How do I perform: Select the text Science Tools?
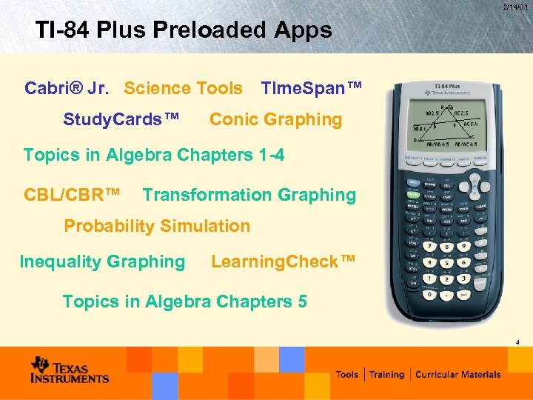click(183, 88)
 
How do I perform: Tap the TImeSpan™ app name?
click(312, 88)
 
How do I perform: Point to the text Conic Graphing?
click(275, 119)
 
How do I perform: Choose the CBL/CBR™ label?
click(72, 196)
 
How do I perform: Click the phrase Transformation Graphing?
click(249, 196)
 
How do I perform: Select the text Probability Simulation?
click(157, 226)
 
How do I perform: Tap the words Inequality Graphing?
click(102, 261)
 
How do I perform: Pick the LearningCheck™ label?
click(284, 261)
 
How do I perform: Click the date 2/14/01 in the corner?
click(515, 7)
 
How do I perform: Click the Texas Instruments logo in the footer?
click(70, 370)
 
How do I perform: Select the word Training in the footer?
click(387, 375)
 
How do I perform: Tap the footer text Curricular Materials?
click(457, 375)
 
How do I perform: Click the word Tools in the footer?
click(347, 375)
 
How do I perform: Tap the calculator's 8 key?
click(446, 247)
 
